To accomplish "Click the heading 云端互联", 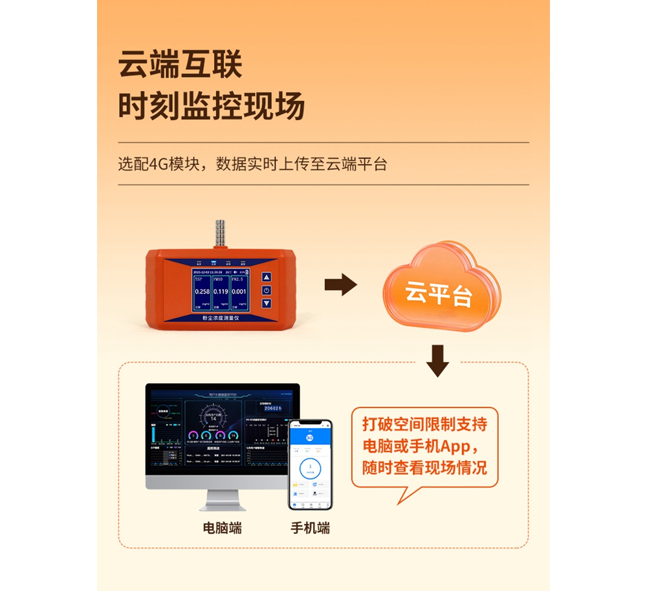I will coord(180,66).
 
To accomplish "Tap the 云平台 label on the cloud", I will coord(438,294).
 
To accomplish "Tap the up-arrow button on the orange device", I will coord(266,277).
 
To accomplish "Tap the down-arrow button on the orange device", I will coord(266,303).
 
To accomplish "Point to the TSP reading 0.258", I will coord(202,292).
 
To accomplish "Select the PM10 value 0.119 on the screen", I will coord(221,292).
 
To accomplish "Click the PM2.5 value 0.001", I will coord(239,292).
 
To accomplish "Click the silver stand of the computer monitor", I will coord(222,497).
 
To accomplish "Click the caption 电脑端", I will coord(222,528).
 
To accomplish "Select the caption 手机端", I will coord(310,528).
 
